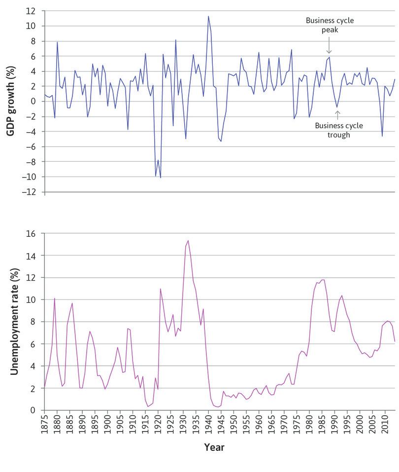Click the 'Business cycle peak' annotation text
pyautogui.click(x=330, y=25)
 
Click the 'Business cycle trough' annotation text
pyautogui.click(x=338, y=130)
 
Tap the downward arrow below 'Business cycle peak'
pyautogui.click(x=329, y=47)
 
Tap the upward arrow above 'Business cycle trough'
pyautogui.click(x=337, y=115)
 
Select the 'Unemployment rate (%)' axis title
pyautogui.click(x=14, y=322)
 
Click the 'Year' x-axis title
pyautogui.click(x=214, y=447)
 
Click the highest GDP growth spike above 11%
pyautogui.click(x=208, y=16)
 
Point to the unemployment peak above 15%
pyautogui.click(x=188, y=241)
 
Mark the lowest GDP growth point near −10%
pyautogui.click(x=161, y=177)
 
